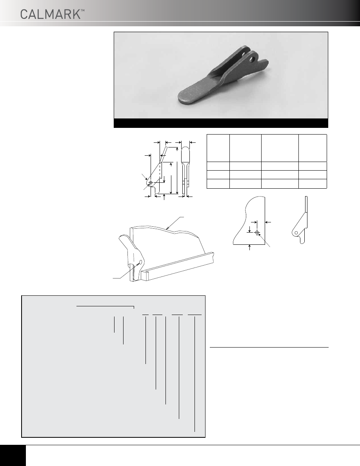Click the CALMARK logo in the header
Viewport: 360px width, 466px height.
(x=50, y=14)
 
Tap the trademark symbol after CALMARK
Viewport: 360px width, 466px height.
(x=83, y=11)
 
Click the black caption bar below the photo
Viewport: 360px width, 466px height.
(x=221, y=123)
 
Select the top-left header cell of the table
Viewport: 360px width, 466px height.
(x=218, y=148)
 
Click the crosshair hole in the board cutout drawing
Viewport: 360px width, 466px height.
(x=257, y=232)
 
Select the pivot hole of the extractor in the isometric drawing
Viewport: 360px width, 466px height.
(x=140, y=262)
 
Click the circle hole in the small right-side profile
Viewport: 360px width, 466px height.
(x=296, y=232)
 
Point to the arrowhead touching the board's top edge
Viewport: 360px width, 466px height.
(x=168, y=228)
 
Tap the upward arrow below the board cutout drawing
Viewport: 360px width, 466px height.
(x=249, y=247)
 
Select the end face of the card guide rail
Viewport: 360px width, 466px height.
(x=145, y=275)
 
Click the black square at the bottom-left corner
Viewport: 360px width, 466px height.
(x=13, y=455)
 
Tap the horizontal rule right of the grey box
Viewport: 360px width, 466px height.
(x=269, y=347)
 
